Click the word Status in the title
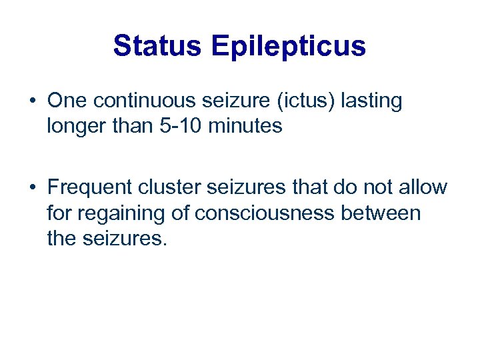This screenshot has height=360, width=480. point(158,46)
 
